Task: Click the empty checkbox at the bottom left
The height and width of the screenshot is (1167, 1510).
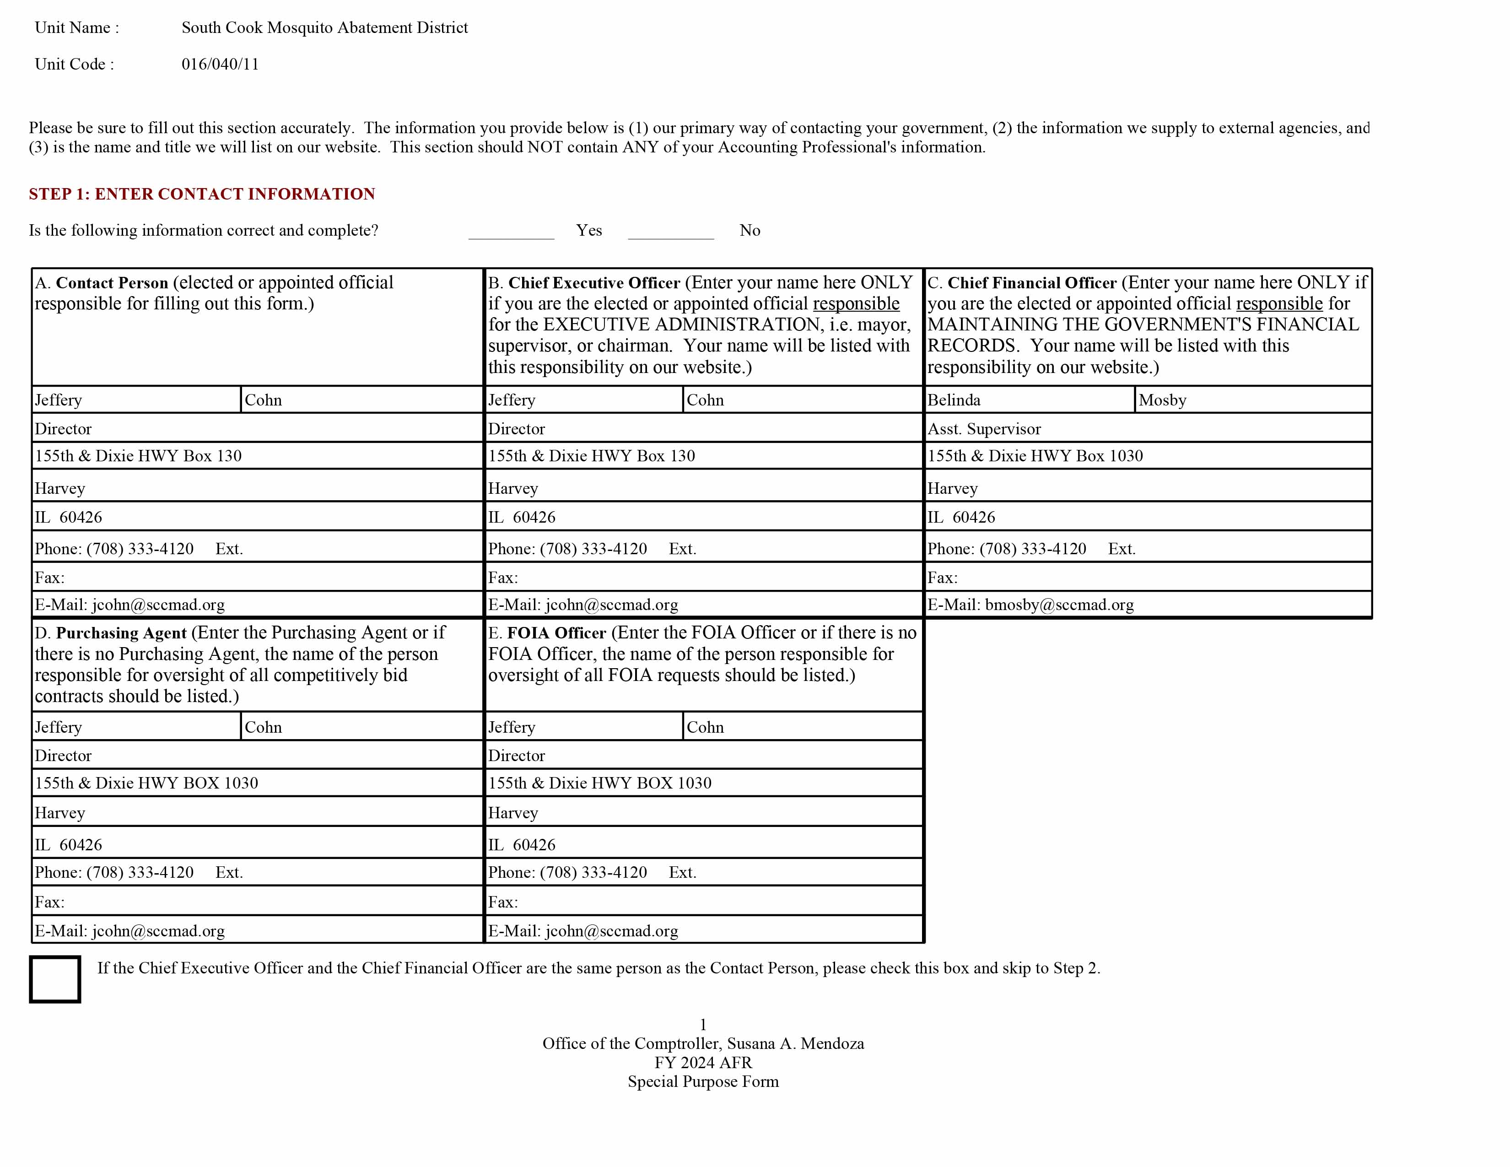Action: tap(54, 979)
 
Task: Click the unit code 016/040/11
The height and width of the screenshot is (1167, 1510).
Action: tap(220, 64)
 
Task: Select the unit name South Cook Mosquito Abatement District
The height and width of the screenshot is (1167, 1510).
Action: tap(324, 27)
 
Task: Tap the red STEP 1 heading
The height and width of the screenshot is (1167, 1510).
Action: tap(201, 194)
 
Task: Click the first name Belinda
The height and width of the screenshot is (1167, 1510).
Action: tap(954, 400)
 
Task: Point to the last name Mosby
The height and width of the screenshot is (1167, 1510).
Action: tap(1162, 400)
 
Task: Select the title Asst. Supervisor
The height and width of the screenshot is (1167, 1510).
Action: tap(983, 429)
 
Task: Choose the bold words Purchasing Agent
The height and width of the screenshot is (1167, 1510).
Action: tap(121, 633)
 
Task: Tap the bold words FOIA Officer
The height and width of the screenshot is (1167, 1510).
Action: tap(556, 633)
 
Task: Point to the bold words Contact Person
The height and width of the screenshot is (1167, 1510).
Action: tap(112, 283)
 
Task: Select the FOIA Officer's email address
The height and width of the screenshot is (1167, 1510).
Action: tap(611, 931)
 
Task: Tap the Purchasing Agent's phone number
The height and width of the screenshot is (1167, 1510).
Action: tap(140, 872)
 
